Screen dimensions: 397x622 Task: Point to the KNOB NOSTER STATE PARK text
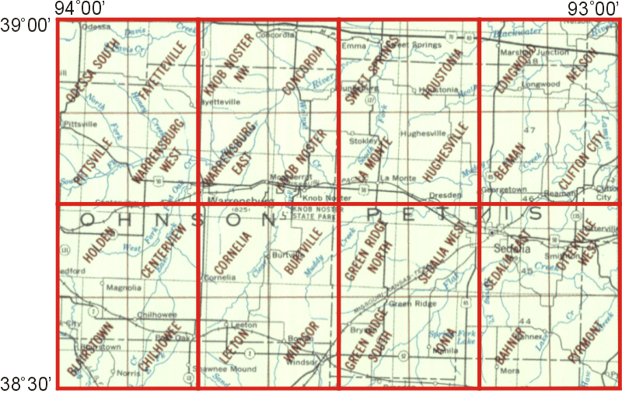coord(316,214)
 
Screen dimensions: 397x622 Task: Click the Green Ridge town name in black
coord(404,302)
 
